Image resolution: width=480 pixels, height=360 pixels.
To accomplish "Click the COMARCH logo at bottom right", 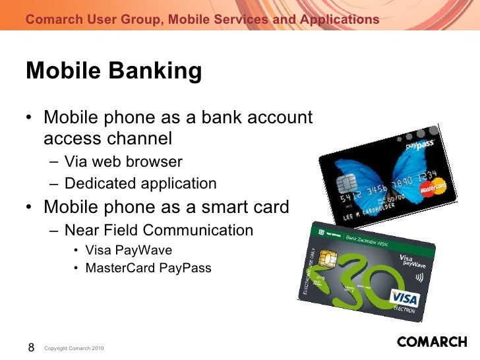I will pos(432,343).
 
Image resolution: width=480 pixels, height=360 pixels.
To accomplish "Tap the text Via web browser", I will pos(123,162).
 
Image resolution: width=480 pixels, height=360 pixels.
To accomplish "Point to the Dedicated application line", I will pos(140,183).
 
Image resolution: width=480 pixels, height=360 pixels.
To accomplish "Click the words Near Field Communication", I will pos(159,230).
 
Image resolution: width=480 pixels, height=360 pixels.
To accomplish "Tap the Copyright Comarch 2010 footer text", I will pos(74,348).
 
